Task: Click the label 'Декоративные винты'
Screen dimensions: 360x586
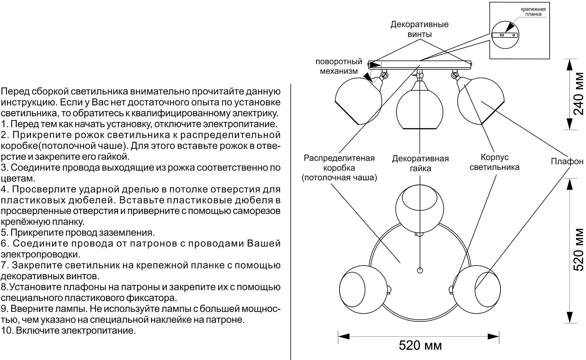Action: (420, 29)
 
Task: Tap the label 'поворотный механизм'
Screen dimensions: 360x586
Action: (339, 66)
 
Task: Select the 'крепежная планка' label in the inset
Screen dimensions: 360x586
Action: (533, 12)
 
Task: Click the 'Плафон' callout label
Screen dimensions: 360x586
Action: (567, 161)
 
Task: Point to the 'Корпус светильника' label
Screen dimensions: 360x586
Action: (494, 162)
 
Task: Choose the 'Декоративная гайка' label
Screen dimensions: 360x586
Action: (420, 164)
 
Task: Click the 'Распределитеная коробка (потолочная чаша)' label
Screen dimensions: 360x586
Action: (339, 168)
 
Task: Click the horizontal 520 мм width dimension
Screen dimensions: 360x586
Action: (420, 346)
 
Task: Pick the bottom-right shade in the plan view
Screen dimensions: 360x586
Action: (476, 287)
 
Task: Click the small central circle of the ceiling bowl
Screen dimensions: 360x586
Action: (420, 270)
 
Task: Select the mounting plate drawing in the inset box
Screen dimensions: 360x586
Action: (505, 35)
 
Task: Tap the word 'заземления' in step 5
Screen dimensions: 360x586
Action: (132, 233)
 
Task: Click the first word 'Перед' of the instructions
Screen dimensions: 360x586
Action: (13, 92)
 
